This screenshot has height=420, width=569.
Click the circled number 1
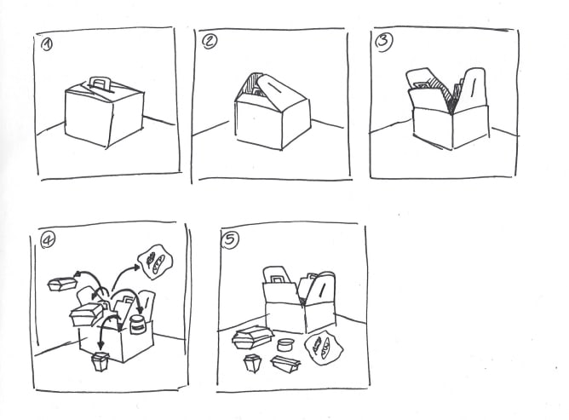pos(47,45)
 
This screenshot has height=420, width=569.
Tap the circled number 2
pos(209,42)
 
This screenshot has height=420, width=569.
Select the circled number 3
pos(384,43)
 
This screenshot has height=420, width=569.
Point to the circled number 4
pos(48,240)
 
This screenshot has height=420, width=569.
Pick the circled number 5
pos(231,240)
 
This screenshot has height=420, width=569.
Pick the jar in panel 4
pos(137,325)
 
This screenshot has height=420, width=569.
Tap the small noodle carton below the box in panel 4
pos(101,361)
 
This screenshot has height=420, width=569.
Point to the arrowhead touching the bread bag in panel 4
pos(136,268)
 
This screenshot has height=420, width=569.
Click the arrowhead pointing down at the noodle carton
pos(101,344)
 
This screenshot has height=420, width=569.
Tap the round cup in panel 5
pos(286,344)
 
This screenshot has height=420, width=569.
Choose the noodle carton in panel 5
pos(252,363)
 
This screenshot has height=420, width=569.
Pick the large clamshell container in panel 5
pos(252,337)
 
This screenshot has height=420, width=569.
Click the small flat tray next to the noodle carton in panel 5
pos(285,364)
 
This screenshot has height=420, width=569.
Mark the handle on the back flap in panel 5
pos(278,279)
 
